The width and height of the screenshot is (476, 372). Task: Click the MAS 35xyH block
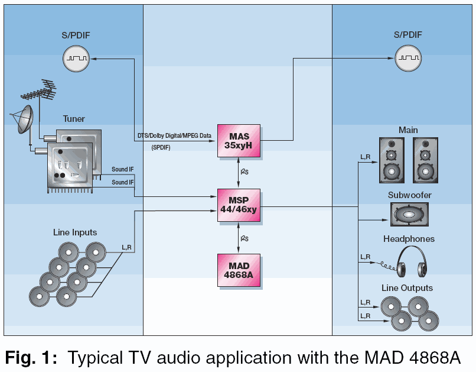pyautogui.click(x=239, y=141)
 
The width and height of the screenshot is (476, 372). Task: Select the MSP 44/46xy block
pyautogui.click(x=239, y=205)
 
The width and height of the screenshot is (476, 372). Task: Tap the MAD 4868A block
pyautogui.click(x=239, y=270)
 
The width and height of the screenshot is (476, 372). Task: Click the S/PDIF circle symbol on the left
pyautogui.click(x=76, y=59)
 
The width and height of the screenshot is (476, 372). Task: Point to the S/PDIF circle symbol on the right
pyautogui.click(x=408, y=58)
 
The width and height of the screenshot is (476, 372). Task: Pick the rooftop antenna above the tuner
pyautogui.click(x=40, y=91)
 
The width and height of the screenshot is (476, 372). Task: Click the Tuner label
pyautogui.click(x=74, y=119)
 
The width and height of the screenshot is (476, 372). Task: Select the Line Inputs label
pyautogui.click(x=75, y=232)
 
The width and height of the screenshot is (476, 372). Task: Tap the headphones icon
pyautogui.click(x=412, y=261)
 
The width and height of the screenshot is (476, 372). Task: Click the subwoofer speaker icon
pyautogui.click(x=409, y=215)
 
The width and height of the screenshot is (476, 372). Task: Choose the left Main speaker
pyautogui.click(x=392, y=160)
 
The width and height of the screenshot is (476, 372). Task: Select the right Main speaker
pyautogui.click(x=425, y=160)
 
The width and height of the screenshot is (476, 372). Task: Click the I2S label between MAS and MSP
pyautogui.click(x=244, y=172)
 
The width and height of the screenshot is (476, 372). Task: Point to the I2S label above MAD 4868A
pyautogui.click(x=244, y=238)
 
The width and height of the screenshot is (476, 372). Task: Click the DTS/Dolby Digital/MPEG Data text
pyautogui.click(x=175, y=136)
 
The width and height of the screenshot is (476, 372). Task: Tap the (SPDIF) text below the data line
pyautogui.click(x=161, y=148)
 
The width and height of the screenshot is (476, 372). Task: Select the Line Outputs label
pyautogui.click(x=407, y=288)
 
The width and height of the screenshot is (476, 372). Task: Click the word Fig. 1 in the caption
pyautogui.click(x=31, y=357)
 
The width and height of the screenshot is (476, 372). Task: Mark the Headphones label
pyautogui.click(x=409, y=239)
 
